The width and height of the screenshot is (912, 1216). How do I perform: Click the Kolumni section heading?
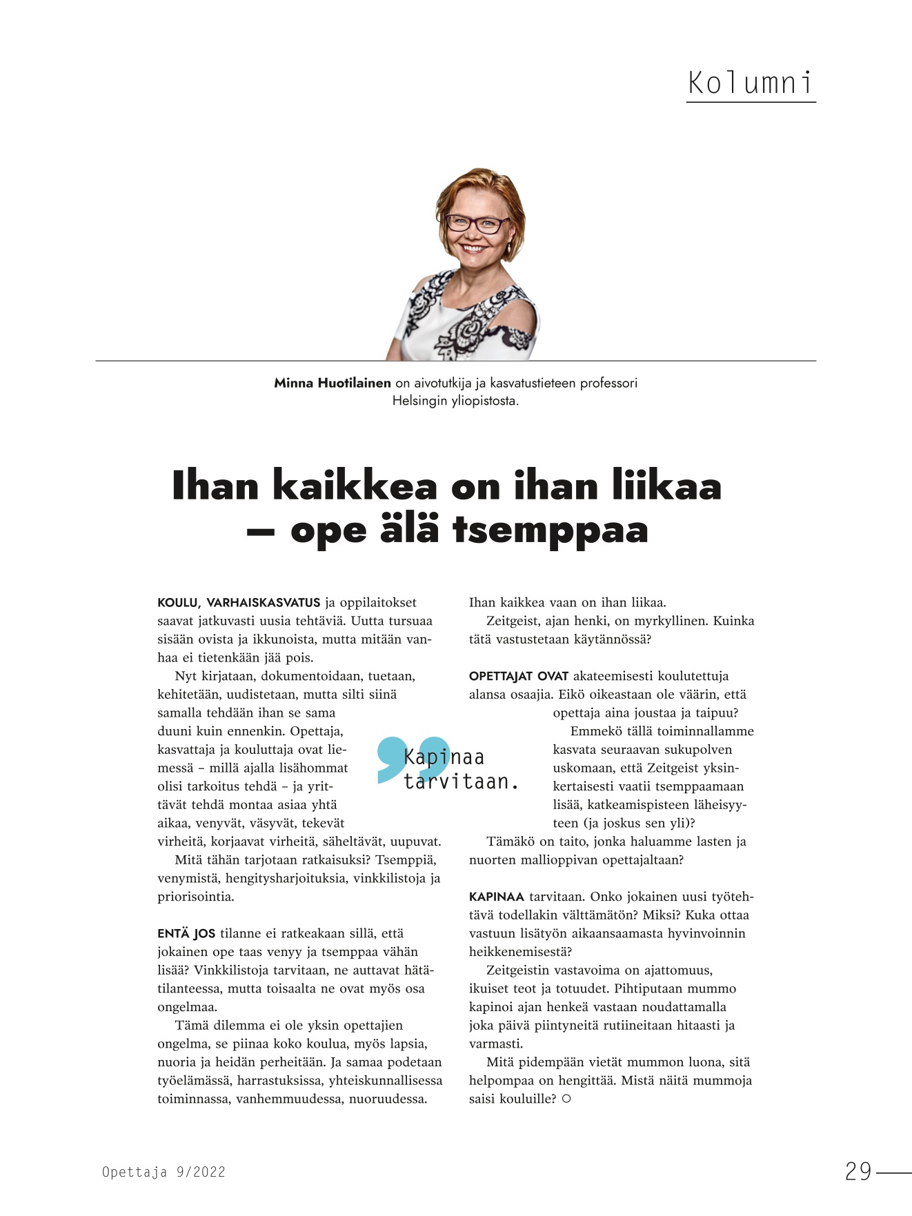click(751, 83)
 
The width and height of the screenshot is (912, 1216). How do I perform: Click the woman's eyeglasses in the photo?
click(477, 223)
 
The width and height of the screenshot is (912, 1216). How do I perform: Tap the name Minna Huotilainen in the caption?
click(332, 383)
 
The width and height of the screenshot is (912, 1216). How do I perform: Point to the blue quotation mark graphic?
click(413, 758)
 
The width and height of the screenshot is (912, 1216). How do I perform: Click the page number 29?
click(858, 1171)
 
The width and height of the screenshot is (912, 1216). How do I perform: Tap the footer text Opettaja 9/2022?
click(163, 1172)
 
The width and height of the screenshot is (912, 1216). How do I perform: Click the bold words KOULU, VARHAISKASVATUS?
click(239, 603)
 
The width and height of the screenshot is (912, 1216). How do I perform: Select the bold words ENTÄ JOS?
click(186, 934)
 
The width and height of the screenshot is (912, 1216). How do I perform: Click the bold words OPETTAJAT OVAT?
click(518, 677)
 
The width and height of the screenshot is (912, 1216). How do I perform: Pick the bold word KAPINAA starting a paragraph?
click(497, 897)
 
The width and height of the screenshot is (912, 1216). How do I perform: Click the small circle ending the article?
click(566, 1099)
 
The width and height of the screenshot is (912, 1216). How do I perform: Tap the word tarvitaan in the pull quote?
click(460, 782)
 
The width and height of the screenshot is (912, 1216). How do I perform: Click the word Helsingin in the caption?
click(420, 401)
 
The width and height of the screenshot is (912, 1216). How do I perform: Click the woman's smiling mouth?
click(473, 246)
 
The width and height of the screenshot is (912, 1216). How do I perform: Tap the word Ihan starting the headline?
click(215, 486)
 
